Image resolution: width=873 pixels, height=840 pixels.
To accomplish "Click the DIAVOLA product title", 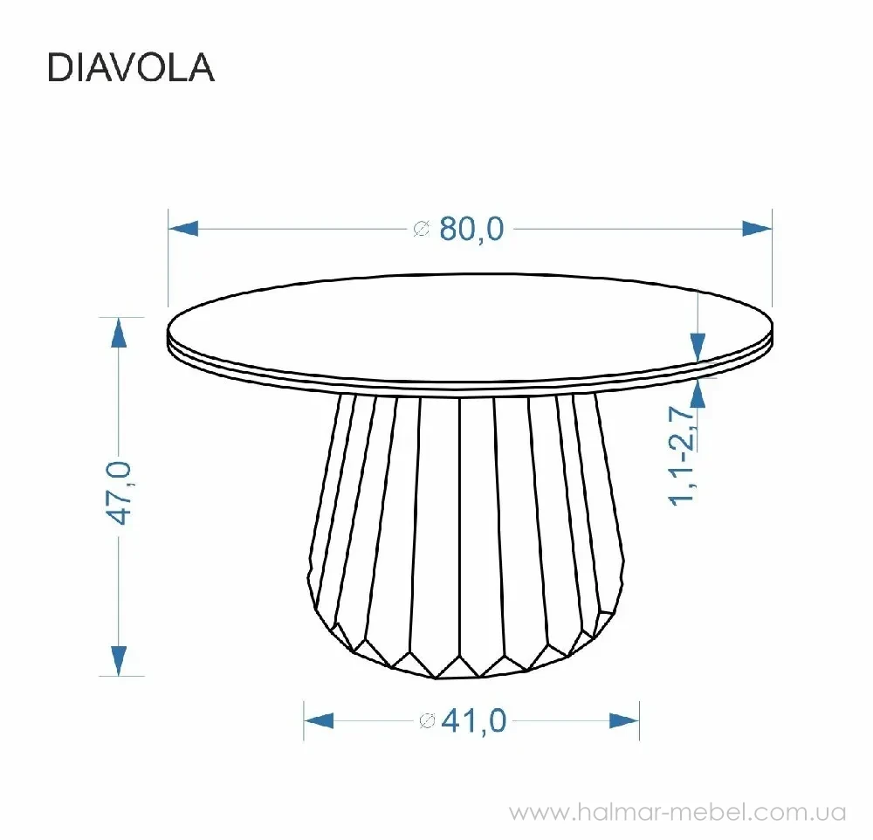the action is [131, 68].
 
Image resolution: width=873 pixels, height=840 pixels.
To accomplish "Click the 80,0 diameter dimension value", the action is [471, 229].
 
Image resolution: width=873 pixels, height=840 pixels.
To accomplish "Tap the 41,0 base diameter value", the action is [474, 720].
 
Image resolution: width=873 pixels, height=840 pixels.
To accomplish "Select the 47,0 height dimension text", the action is [120, 493].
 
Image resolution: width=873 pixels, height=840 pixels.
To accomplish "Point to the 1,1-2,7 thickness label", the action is [682, 456].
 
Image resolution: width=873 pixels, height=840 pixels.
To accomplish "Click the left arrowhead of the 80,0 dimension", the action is [183, 229].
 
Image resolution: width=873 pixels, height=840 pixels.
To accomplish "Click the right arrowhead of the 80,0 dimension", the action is [757, 229].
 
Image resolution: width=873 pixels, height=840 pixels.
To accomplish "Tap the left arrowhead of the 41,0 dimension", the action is [319, 720].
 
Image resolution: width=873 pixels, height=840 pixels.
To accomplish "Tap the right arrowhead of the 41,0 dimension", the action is [624, 720].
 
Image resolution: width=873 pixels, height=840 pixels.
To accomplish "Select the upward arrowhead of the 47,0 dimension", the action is [119, 333].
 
